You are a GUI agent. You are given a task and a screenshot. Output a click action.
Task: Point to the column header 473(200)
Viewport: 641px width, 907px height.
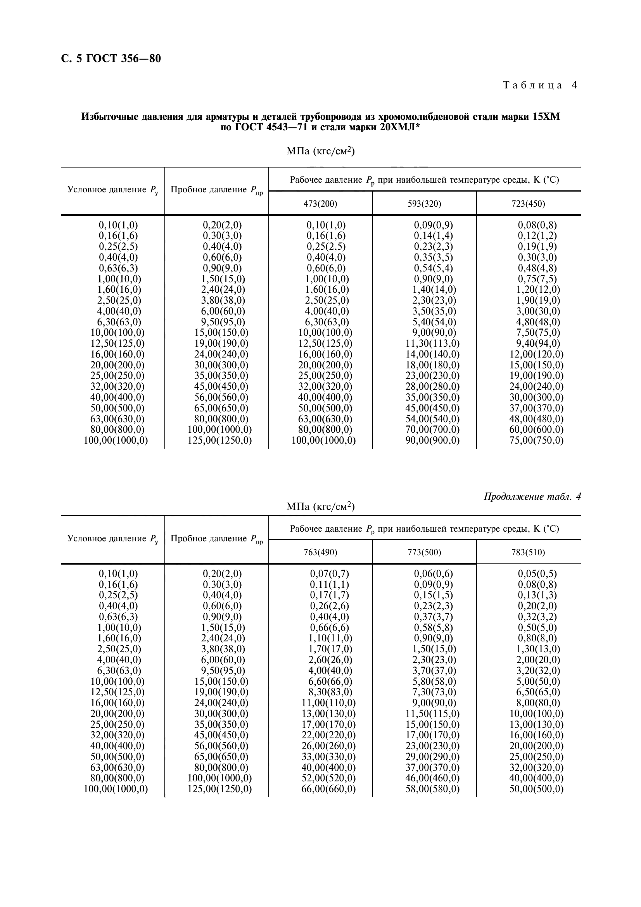pyautogui.click(x=320, y=204)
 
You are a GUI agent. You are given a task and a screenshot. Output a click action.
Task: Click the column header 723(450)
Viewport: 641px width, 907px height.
pyautogui.click(x=529, y=204)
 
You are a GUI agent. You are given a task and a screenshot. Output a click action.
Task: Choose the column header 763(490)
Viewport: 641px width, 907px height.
pyautogui.click(x=320, y=552)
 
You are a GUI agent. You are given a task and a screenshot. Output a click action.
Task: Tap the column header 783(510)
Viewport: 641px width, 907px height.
pyautogui.click(x=529, y=552)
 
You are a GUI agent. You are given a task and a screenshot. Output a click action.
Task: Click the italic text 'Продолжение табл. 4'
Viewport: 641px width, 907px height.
pyautogui.click(x=532, y=497)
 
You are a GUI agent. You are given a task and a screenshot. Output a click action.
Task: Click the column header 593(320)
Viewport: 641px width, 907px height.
pyautogui.click(x=424, y=204)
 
